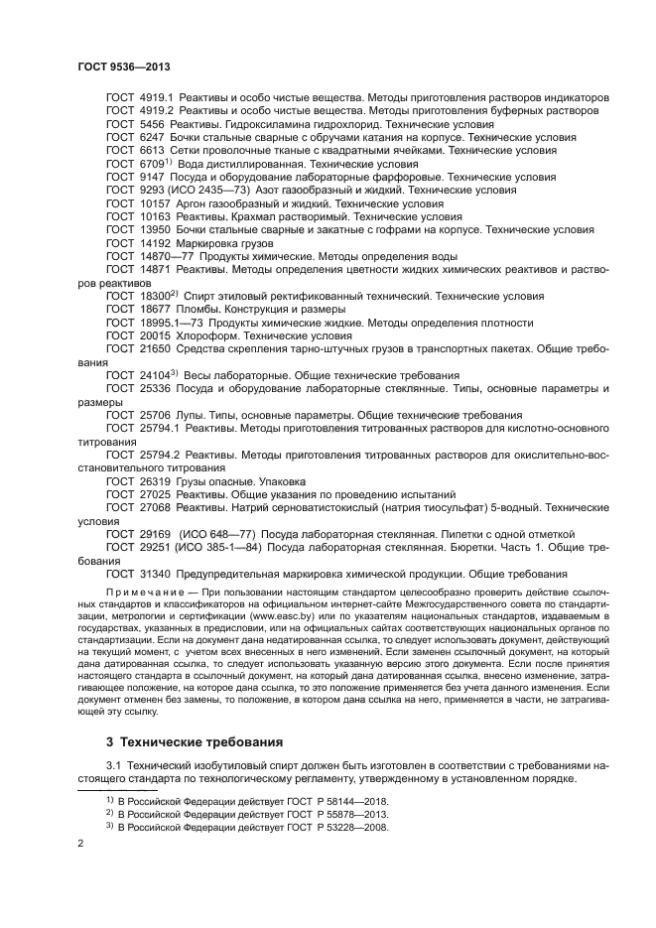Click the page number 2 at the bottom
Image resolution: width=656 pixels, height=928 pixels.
(x=80, y=843)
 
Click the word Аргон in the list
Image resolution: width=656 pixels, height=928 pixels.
(x=197, y=203)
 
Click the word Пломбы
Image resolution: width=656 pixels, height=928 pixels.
(x=204, y=310)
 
